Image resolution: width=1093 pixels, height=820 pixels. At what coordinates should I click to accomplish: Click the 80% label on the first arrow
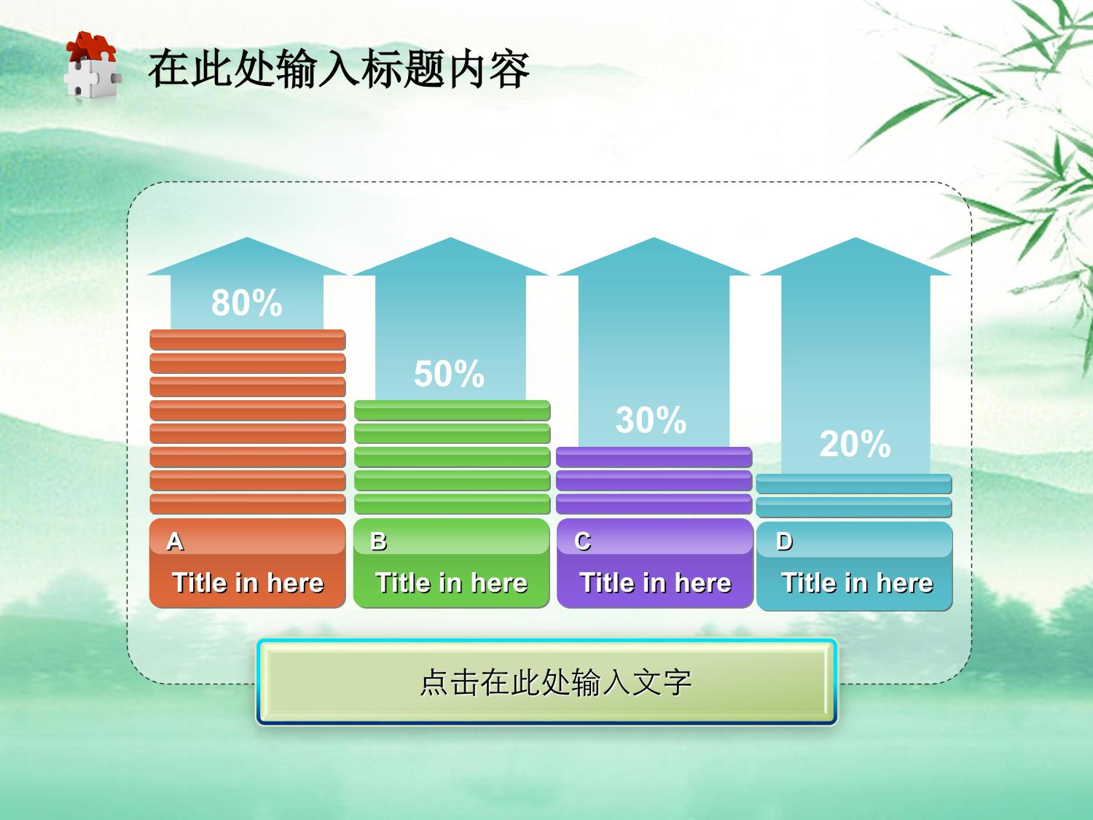[x=247, y=302]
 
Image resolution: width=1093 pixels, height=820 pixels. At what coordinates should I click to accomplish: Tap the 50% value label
[x=449, y=373]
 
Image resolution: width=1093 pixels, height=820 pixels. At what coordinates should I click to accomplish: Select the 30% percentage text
[x=651, y=420]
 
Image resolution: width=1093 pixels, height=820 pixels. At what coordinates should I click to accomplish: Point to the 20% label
[x=855, y=444]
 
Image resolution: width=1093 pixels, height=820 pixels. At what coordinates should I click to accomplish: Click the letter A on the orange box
[x=176, y=542]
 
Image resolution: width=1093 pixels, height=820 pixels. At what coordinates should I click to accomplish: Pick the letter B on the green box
[x=378, y=542]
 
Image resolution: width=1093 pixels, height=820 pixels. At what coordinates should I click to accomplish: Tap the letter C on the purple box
[x=583, y=542]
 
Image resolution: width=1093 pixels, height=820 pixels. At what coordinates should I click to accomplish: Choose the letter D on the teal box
[x=784, y=542]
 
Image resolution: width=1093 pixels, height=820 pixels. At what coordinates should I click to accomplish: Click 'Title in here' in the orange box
[x=248, y=583]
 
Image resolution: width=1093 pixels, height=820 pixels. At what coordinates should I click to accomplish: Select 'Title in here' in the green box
[x=452, y=583]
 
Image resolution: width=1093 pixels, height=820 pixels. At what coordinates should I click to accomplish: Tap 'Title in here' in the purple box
[x=656, y=583]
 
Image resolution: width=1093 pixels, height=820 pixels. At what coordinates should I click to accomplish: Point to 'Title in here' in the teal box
[x=858, y=583]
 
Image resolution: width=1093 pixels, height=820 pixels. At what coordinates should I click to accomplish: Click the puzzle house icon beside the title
[x=93, y=65]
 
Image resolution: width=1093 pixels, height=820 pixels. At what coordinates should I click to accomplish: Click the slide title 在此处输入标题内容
[x=339, y=69]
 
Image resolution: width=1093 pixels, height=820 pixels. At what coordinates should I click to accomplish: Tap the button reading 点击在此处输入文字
[x=546, y=682]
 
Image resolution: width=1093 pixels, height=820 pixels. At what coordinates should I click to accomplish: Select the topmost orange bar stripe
[x=248, y=340]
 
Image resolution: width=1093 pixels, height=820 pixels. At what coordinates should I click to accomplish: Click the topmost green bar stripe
[x=453, y=410]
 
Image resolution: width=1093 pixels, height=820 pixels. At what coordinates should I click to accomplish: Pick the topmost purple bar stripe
[x=654, y=457]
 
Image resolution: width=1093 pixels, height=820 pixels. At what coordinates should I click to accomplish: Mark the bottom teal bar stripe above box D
[x=854, y=507]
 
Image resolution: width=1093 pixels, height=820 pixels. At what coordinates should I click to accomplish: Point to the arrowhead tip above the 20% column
[x=856, y=238]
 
